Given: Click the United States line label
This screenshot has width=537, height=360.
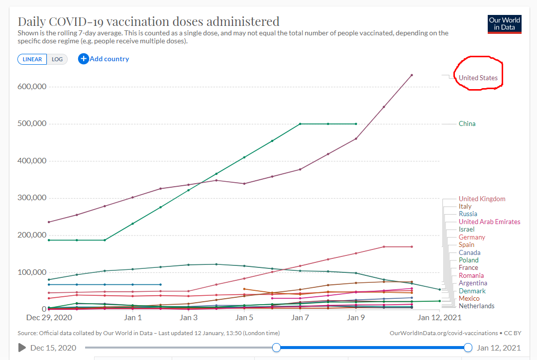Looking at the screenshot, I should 478,78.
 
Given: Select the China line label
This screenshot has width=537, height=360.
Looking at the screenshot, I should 467,123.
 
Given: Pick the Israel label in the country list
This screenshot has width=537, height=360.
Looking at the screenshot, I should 466,229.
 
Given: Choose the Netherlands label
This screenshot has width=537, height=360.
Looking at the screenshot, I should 476,306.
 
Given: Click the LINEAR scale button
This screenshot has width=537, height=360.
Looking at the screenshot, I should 32,59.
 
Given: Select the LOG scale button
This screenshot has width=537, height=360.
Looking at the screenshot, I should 57,59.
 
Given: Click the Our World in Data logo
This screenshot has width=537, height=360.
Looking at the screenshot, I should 504,24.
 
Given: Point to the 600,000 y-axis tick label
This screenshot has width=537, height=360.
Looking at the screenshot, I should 31,86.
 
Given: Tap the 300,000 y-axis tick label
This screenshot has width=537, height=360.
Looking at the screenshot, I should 31,198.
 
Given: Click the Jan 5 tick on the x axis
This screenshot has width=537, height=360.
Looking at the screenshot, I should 244,317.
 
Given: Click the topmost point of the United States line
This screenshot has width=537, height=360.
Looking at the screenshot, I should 412,75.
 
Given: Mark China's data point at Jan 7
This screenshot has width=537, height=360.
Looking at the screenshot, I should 300,123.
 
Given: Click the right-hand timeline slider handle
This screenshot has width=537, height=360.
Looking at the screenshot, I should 468,348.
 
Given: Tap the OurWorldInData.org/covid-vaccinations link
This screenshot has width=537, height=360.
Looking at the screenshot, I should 443,333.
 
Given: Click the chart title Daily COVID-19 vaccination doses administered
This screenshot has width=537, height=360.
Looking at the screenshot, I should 149,21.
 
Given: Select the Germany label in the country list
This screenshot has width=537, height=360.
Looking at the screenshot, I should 472,237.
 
